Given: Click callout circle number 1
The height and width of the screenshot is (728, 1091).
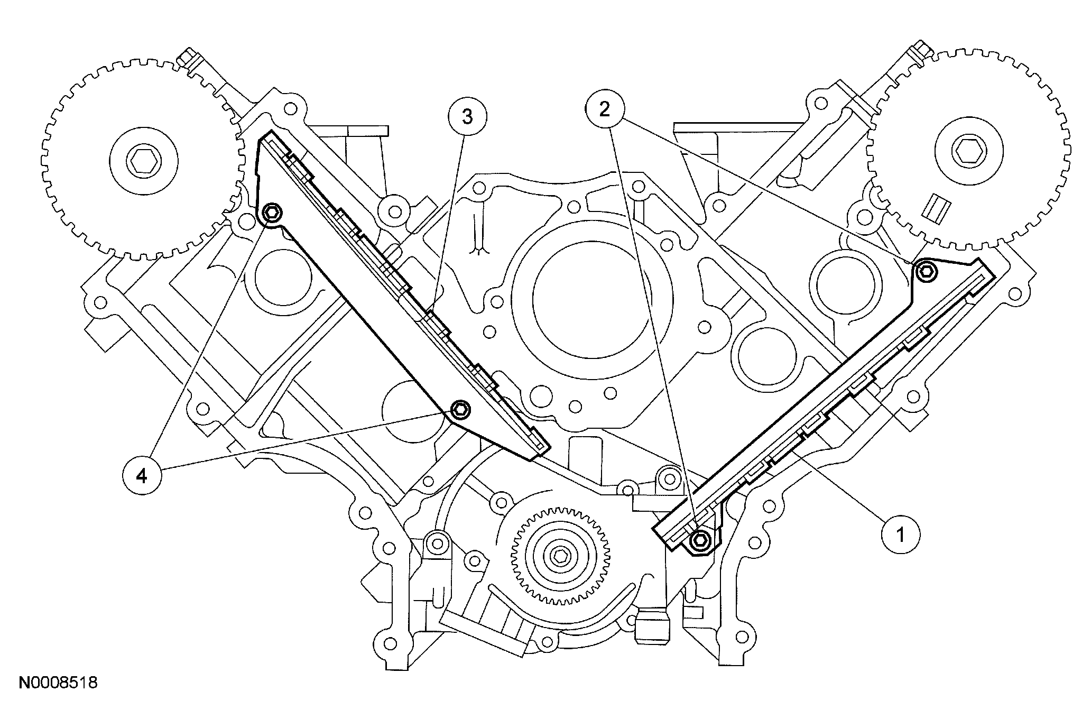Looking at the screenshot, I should pyautogui.click(x=900, y=534).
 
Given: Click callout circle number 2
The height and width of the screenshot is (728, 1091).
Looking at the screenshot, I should pyautogui.click(x=604, y=110).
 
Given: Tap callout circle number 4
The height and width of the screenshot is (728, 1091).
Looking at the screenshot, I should pyautogui.click(x=141, y=476).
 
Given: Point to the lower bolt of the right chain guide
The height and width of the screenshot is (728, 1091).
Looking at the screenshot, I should pyautogui.click(x=700, y=540).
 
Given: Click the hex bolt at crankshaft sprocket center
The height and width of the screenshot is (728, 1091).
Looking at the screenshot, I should pyautogui.click(x=559, y=556).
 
